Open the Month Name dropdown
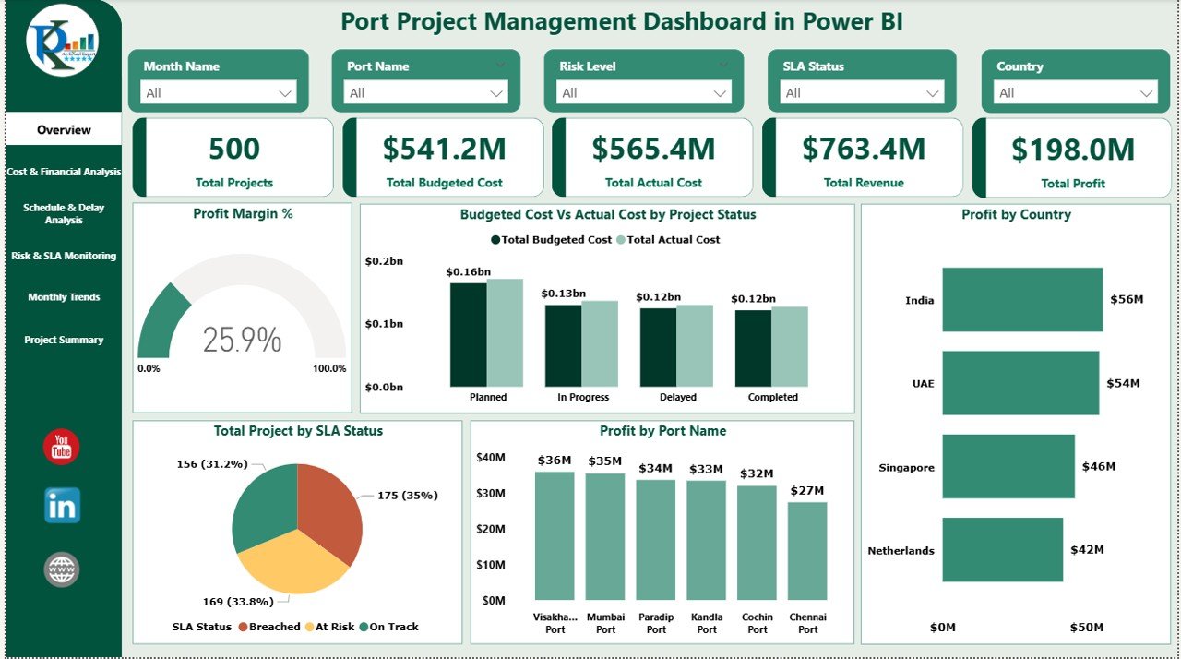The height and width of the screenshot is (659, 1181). tap(219, 92)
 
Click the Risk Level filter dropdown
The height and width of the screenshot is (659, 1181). tap(643, 92)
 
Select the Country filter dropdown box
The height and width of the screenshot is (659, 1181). tap(1075, 92)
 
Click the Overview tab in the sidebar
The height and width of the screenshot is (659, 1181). tap(64, 130)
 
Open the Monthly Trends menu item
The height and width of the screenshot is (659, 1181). tap(64, 297)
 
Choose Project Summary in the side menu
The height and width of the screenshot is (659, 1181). tap(64, 340)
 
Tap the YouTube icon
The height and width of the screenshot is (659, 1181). tap(62, 447)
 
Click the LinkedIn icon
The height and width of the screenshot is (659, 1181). tap(62, 506)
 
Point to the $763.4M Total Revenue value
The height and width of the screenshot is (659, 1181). tap(863, 149)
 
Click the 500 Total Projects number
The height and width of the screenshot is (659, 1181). tap(234, 149)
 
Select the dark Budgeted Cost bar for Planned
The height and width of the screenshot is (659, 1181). tap(468, 335)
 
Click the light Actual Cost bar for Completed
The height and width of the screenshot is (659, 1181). tap(789, 347)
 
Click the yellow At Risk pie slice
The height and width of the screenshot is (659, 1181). tap(288, 564)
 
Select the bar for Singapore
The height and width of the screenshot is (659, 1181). tap(1008, 467)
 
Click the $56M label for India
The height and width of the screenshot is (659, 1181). tap(1127, 299)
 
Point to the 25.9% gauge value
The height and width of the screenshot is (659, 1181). tap(242, 340)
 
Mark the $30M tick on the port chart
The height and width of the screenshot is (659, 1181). tap(490, 493)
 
